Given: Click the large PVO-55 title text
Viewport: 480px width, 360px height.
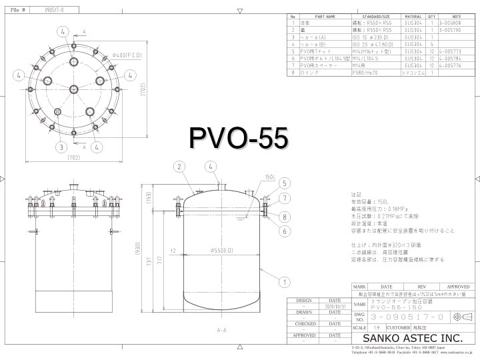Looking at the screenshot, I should (x=239, y=138).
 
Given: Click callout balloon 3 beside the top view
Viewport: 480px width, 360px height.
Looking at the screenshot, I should (x=61, y=147).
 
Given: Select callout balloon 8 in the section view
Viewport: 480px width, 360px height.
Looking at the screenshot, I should (x=284, y=216).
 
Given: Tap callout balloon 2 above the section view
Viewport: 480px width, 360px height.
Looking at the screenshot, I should (x=179, y=166).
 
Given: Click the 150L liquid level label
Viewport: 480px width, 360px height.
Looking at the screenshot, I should (x=251, y=177).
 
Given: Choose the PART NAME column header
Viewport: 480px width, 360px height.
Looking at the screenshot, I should (x=325, y=15).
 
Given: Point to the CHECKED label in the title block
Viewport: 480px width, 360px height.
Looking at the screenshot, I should (x=305, y=324).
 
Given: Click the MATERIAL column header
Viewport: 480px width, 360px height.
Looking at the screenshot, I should (x=413, y=15).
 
